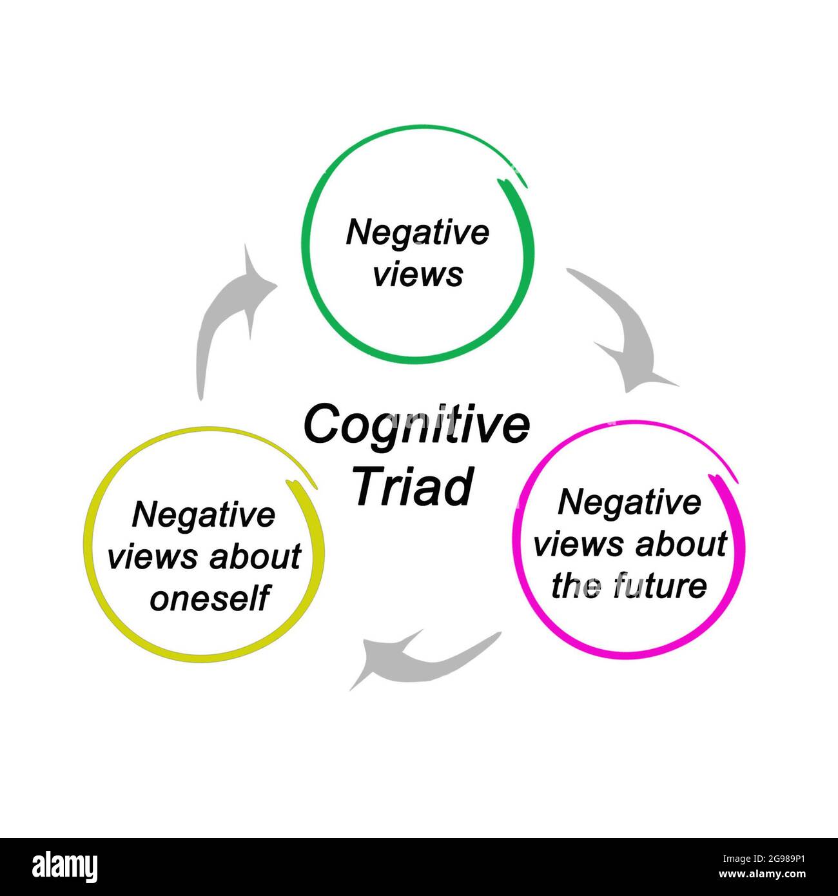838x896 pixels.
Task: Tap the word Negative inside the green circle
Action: tap(418, 233)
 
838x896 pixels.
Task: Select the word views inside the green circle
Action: tap(418, 274)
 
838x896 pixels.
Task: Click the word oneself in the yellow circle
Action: tap(209, 599)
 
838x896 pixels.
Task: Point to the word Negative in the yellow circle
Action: tap(203, 515)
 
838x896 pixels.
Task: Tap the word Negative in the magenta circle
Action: tap(628, 502)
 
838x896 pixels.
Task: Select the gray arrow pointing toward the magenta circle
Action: tap(628, 335)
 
